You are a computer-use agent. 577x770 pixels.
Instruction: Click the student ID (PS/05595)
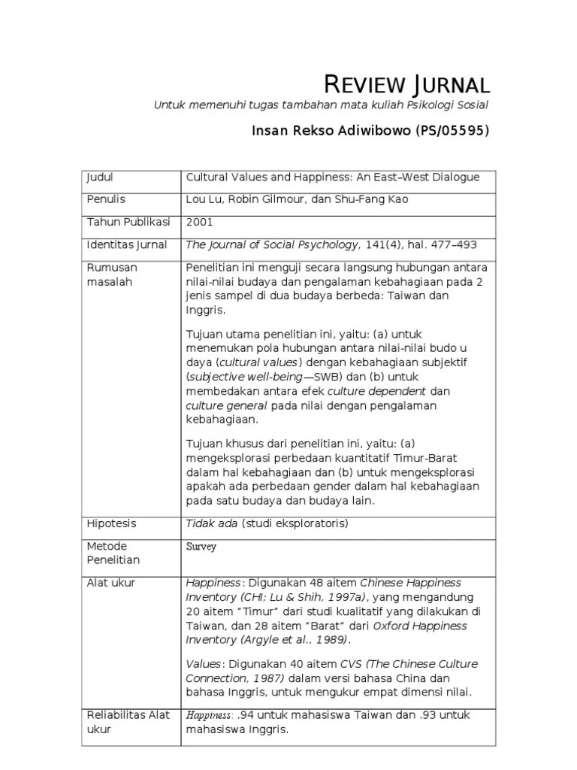coord(452,131)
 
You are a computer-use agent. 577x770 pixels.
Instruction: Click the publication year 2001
coord(199,222)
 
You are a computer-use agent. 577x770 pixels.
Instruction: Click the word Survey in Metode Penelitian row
coord(201,547)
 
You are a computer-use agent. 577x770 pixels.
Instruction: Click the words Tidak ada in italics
coord(212,523)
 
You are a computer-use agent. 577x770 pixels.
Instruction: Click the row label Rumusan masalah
coord(113,274)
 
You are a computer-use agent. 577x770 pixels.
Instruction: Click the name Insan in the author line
coord(268,131)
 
